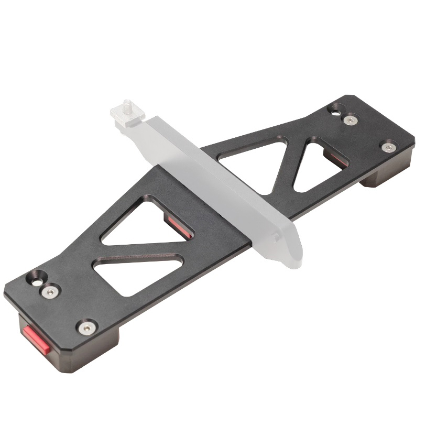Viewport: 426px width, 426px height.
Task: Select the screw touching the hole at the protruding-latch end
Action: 51,291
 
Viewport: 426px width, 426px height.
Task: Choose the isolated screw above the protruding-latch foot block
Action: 85,327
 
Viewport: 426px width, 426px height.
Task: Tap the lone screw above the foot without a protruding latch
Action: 388,147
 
